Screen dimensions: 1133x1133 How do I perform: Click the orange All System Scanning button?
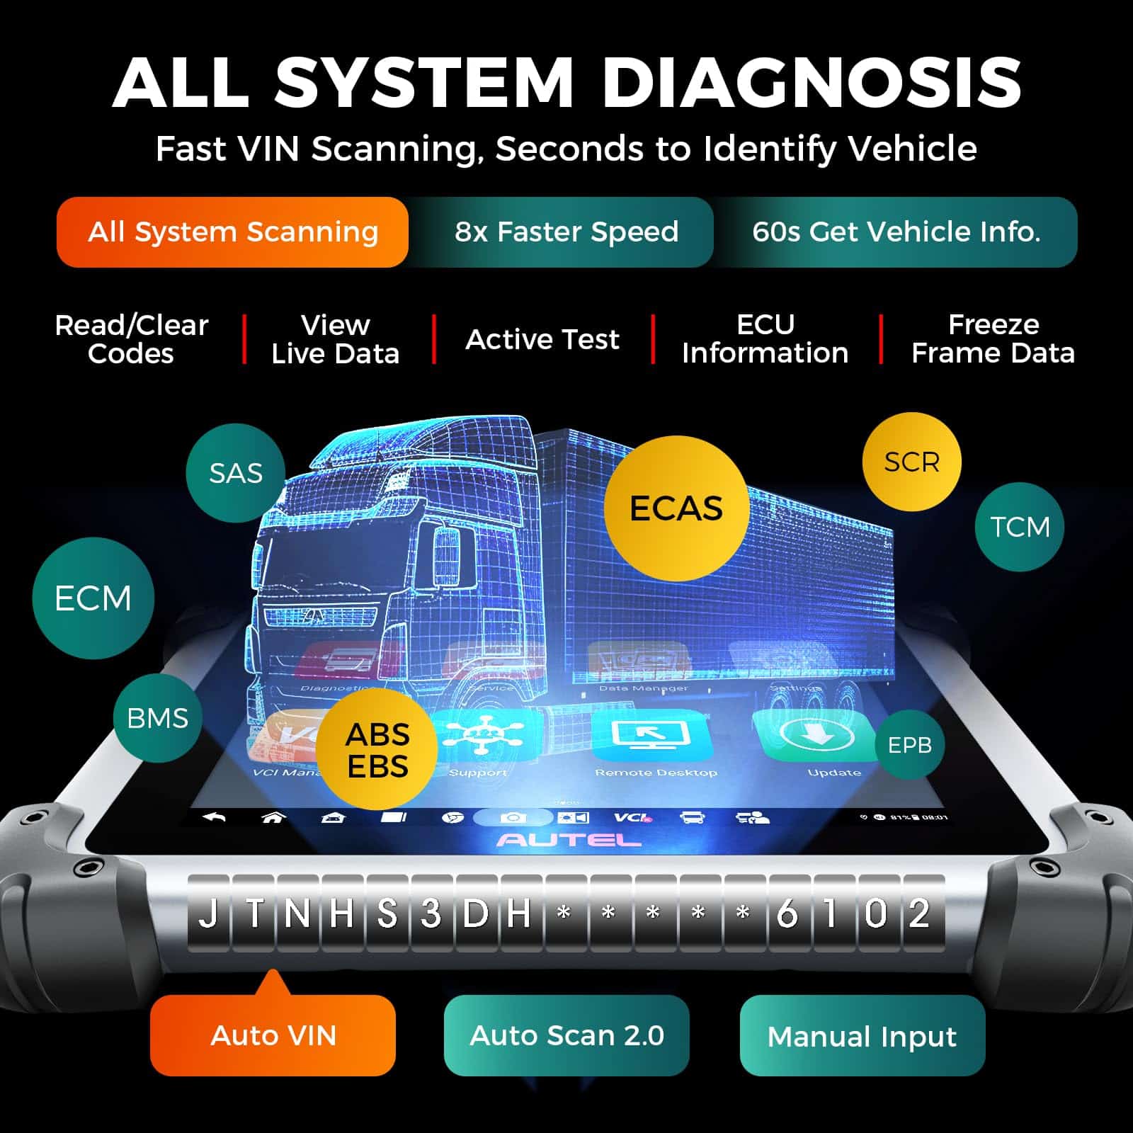coord(232,232)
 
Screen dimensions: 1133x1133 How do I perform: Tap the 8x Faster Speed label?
coord(566,232)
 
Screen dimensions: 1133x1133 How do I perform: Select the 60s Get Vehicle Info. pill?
coord(896,232)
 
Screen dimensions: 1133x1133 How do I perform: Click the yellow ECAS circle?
coord(676,508)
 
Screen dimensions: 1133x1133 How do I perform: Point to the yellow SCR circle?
coord(911,462)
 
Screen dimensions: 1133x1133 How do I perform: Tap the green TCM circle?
coord(1019,527)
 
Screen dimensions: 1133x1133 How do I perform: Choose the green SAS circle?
coord(236,473)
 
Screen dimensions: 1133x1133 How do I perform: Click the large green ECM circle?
coord(93,598)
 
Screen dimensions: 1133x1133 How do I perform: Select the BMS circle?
coord(157,718)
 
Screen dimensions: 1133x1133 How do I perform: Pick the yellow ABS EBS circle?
coord(377,751)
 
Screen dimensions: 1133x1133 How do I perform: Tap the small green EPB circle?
coord(910,745)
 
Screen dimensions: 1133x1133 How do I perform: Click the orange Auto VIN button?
coord(273,1035)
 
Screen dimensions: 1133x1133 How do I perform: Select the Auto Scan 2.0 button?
coord(566,1035)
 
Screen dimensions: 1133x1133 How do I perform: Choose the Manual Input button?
coord(862,1035)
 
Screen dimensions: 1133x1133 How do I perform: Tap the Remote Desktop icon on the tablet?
coord(651,736)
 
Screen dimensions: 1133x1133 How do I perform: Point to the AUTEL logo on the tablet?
coord(569,841)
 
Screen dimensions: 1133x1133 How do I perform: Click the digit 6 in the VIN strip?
coord(786,913)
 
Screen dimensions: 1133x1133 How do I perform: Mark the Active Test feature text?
coord(542,339)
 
